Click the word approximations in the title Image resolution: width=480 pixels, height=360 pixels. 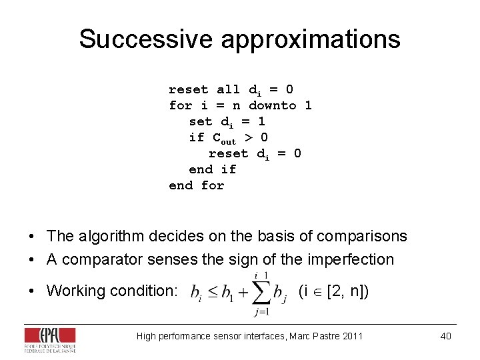click(310, 39)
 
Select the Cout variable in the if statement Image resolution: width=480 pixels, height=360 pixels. click(224, 138)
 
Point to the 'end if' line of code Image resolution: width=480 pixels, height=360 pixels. click(212, 169)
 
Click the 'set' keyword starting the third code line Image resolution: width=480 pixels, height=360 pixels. click(200, 121)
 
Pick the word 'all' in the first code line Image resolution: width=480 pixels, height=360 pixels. click(228, 89)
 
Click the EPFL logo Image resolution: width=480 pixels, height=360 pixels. click(50, 339)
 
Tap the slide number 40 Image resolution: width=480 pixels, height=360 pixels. click(445, 336)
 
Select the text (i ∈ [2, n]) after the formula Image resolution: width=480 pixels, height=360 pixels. click(333, 291)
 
